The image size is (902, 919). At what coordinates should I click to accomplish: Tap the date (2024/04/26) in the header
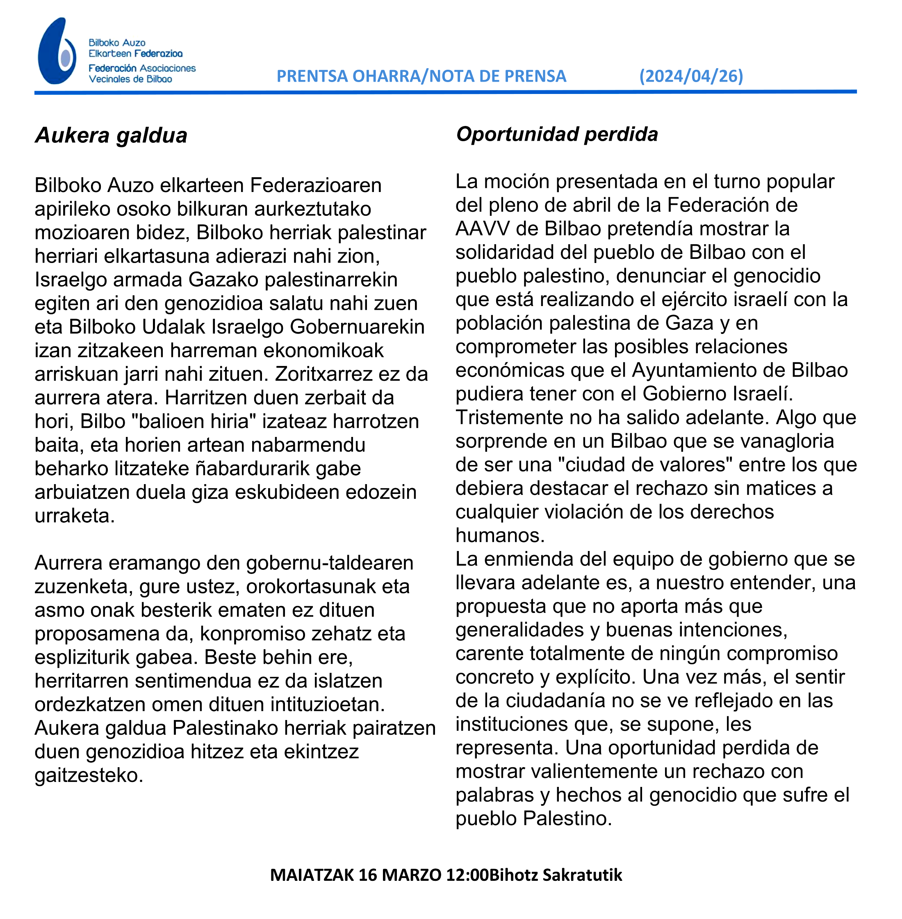point(691,76)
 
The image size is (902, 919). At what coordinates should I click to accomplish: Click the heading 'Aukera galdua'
point(112,135)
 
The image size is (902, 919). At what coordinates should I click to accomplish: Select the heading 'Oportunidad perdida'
point(557,135)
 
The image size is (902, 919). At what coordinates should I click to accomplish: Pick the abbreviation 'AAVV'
point(482,229)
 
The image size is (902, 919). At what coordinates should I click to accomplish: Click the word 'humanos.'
point(500,535)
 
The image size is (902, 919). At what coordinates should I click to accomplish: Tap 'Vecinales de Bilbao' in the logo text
point(130,79)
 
